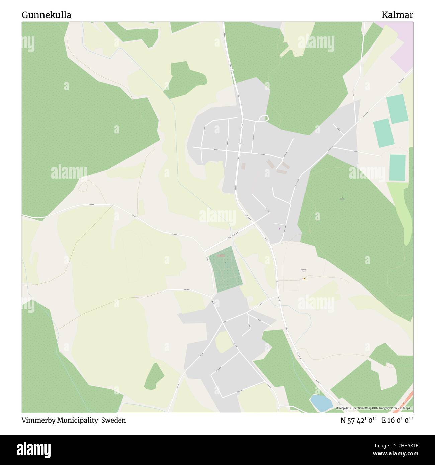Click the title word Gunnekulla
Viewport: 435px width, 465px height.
[x=46, y=15]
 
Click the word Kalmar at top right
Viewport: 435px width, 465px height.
[x=398, y=15]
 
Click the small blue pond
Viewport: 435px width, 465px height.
[x=321, y=403]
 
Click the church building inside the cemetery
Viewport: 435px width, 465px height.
[x=220, y=256]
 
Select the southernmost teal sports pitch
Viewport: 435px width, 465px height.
[x=398, y=168]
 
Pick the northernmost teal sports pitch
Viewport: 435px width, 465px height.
[x=397, y=109]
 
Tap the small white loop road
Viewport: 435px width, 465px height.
[x=264, y=118]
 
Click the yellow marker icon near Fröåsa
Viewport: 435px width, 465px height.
[x=304, y=278]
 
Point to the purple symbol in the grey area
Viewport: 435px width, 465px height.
[x=279, y=229]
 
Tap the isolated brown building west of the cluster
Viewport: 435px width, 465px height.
[x=243, y=166]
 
